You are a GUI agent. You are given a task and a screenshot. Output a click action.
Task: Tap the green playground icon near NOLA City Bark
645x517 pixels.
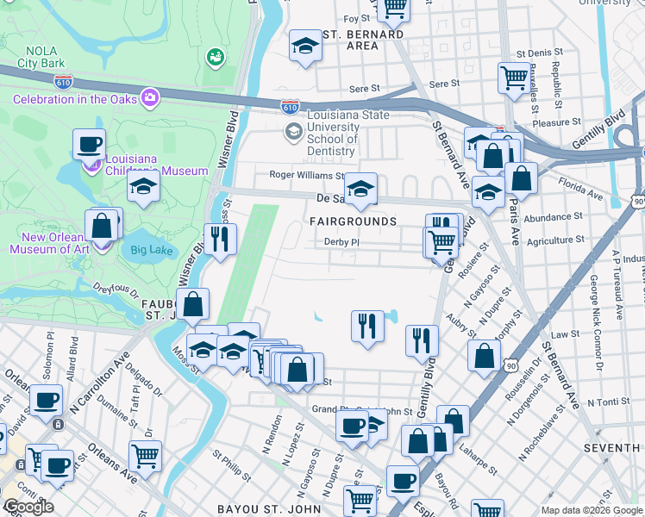tap(214, 57)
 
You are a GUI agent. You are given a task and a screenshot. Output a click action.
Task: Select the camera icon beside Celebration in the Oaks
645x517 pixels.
tap(151, 98)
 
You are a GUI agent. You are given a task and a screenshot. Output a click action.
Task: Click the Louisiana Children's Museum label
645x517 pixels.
tap(156, 165)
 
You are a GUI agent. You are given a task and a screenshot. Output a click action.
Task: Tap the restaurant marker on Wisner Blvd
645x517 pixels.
tap(219, 239)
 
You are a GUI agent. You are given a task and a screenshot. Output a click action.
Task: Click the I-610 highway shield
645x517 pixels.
tap(290, 106)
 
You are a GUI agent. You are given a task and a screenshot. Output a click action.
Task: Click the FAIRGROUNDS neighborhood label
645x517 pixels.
tap(354, 221)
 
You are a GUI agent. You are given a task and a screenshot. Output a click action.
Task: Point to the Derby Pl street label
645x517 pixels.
tap(341, 242)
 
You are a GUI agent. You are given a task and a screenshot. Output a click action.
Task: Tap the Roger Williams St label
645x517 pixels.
tap(295, 175)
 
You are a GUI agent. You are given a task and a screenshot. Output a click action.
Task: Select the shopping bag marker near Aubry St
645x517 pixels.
tap(485, 354)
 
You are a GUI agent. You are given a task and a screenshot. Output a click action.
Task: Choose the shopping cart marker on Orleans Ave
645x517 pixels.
tap(145, 456)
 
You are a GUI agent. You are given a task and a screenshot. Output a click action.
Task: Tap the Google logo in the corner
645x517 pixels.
tap(28, 507)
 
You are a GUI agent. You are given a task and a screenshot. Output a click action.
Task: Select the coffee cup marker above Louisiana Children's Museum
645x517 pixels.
tap(89, 144)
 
